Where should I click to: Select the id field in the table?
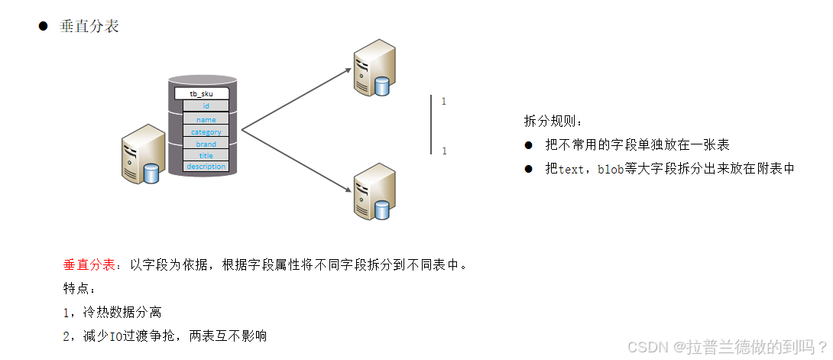206,106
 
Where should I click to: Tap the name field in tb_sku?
206,119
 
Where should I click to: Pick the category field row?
206,131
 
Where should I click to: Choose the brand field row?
206,144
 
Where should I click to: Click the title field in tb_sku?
206,155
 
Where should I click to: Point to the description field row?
206,167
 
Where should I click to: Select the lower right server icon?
374,191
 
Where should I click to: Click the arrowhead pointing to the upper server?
348,70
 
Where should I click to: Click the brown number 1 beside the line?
444,102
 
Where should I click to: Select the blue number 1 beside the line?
444,151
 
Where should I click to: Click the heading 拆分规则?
552,122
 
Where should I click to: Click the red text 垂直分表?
91,265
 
